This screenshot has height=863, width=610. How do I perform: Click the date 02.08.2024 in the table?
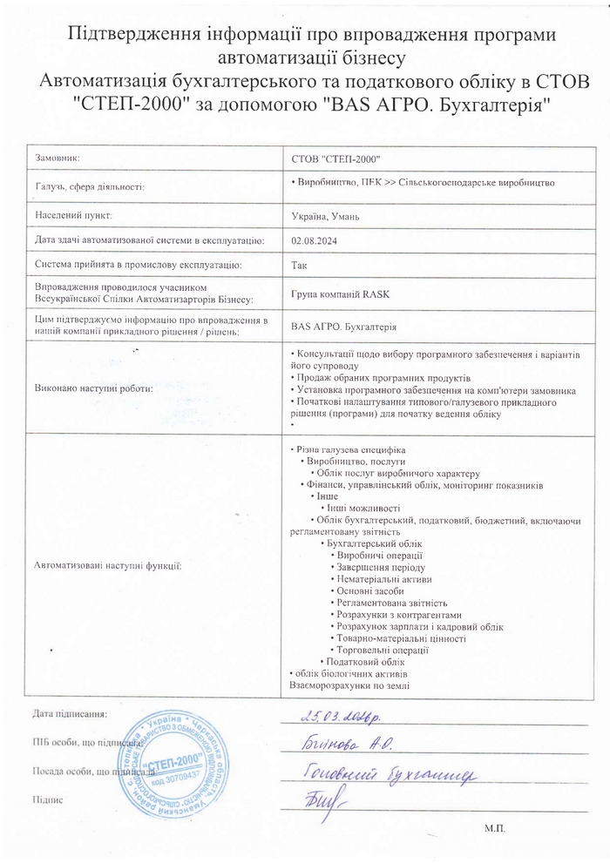click(x=311, y=239)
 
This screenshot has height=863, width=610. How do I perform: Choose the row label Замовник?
click(x=57, y=158)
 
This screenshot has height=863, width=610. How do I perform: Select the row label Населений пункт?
click(x=74, y=214)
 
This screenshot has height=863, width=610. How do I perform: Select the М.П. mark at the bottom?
click(x=494, y=827)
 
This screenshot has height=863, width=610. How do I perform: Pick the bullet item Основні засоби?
click(x=367, y=590)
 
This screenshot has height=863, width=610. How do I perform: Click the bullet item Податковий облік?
click(x=360, y=662)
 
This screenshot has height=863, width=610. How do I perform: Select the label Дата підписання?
click(x=70, y=714)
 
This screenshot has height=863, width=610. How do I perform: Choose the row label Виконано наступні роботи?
click(x=91, y=388)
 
